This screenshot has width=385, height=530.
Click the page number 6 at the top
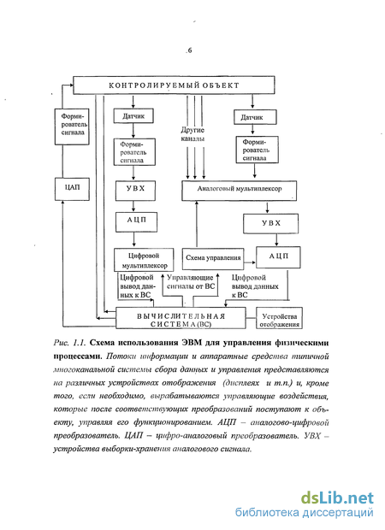click(190, 50)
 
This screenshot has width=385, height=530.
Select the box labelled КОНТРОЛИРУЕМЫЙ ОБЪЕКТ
click(174, 85)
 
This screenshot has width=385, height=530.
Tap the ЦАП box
click(72, 189)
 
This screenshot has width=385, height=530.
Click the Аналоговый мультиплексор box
click(240, 191)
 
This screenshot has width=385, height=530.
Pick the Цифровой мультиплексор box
click(144, 260)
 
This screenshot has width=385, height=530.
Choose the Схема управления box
click(213, 258)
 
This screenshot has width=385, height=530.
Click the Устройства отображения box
click(279, 318)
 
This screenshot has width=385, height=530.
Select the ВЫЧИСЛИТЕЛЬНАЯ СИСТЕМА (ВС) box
click(181, 318)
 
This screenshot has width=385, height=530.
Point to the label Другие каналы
click(192, 134)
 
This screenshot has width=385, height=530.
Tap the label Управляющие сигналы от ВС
click(191, 282)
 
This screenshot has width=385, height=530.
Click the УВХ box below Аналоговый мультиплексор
click(270, 223)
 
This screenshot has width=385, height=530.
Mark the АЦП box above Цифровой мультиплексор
click(136, 221)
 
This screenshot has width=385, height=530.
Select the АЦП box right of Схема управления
click(278, 257)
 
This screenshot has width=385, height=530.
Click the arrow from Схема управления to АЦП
click(250, 262)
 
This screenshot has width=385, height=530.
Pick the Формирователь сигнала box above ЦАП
click(72, 127)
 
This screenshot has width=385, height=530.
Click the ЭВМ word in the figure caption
click(192, 343)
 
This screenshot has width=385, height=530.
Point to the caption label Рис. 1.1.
click(69, 343)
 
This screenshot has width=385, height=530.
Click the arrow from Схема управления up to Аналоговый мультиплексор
click(197, 225)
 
